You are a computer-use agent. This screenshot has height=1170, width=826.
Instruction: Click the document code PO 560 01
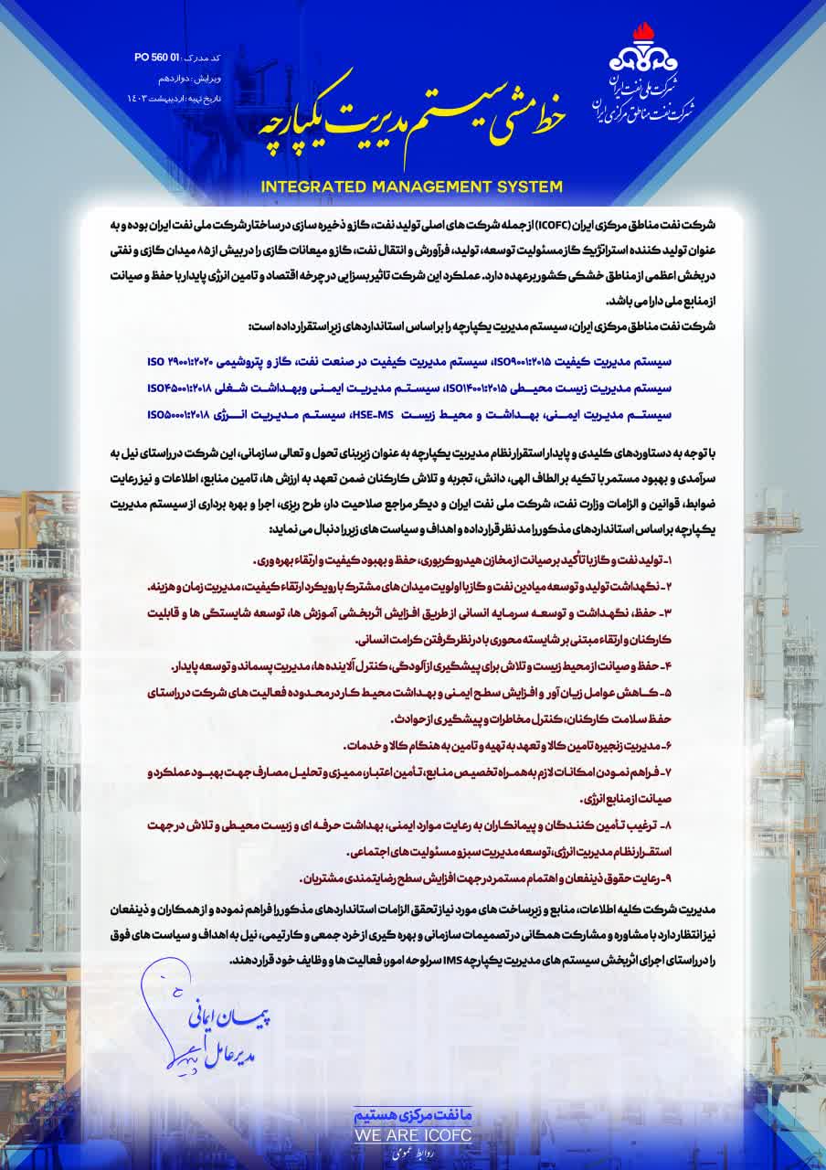pos(155,58)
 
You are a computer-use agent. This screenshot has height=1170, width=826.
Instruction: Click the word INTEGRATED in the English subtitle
pos(312,187)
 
